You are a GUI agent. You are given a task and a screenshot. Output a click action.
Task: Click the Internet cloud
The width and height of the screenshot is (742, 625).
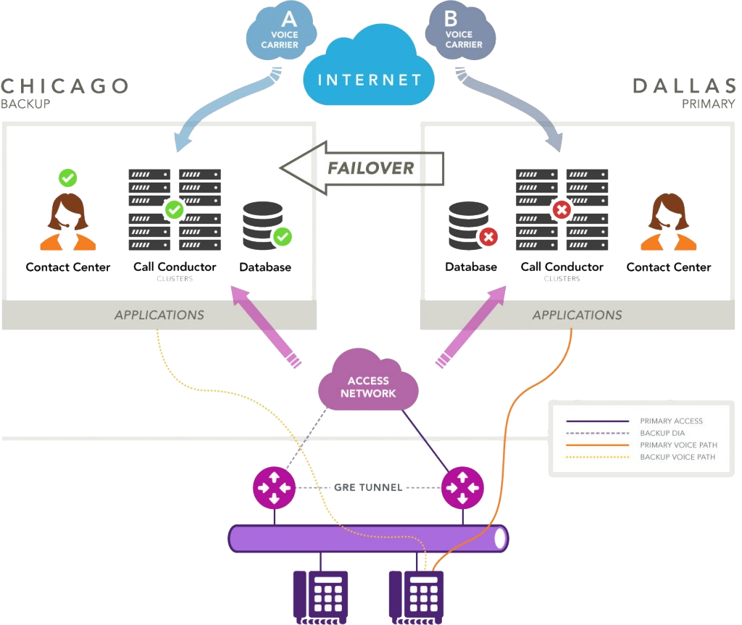[x=368, y=78]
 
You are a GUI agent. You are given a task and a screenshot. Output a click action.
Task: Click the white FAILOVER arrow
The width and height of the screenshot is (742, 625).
[x=362, y=168]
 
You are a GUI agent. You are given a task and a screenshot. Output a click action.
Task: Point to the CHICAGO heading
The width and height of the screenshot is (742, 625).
[x=64, y=85]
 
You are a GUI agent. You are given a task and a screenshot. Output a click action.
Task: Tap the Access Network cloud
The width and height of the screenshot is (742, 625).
[x=368, y=387]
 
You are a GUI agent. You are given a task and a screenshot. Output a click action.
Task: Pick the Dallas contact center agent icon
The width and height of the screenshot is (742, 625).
[x=669, y=222]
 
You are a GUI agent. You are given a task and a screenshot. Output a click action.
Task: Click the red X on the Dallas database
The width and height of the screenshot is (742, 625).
[x=488, y=237]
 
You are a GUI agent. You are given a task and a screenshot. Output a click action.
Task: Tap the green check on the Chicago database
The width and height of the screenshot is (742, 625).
[x=282, y=236]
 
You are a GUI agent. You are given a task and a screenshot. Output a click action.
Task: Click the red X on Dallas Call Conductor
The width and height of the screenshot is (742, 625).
[x=562, y=210]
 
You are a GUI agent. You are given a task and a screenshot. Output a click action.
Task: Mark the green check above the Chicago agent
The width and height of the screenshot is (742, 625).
[x=67, y=177]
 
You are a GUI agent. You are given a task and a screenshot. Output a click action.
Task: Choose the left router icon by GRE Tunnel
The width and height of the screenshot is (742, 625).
[x=274, y=487]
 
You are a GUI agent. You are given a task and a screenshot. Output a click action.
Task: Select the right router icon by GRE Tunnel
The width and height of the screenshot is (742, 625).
[x=462, y=487]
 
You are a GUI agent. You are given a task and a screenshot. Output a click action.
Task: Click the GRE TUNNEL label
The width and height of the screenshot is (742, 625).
[x=368, y=487]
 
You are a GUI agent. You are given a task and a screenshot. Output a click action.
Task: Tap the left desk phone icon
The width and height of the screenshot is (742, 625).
[x=320, y=595]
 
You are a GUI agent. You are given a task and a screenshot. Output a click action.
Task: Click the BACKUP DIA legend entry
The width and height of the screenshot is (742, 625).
[x=662, y=433]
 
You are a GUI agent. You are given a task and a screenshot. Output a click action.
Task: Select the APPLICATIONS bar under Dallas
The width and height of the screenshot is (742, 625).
[x=577, y=315]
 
